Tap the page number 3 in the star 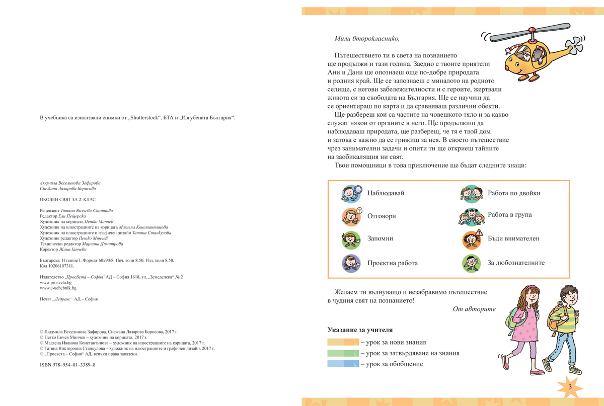(x=569, y=387)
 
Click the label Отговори (x=382, y=216)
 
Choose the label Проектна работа (x=392, y=263)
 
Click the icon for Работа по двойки (x=471, y=193)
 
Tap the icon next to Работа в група (x=471, y=216)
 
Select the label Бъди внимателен (x=513, y=238)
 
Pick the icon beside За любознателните (x=471, y=263)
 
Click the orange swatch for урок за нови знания (x=343, y=342)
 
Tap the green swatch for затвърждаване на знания (x=343, y=353)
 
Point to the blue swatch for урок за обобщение (x=343, y=364)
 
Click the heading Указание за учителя (x=359, y=330)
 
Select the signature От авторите (x=474, y=309)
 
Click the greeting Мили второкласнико (x=366, y=38)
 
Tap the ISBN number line (x=67, y=365)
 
